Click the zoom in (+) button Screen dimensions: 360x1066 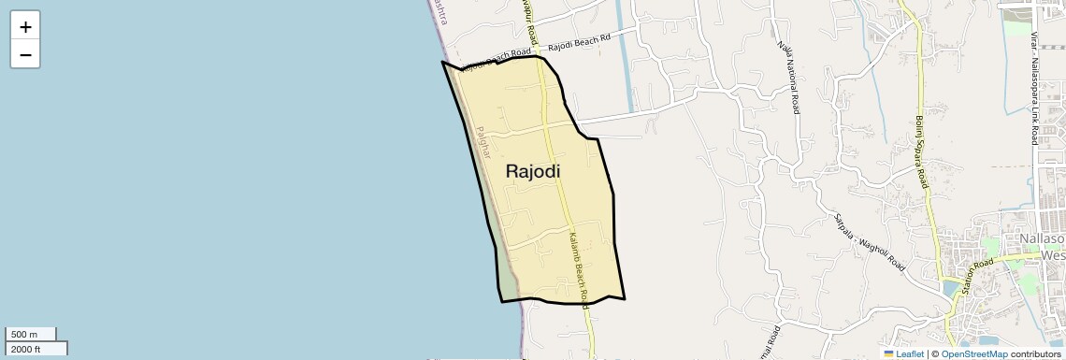(25, 26)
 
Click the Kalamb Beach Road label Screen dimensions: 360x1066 (577, 266)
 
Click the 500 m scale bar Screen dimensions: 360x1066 (31, 334)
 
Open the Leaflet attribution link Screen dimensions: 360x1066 (903, 354)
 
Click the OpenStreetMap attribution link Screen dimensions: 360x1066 (973, 354)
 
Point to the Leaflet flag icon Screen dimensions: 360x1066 (889, 354)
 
